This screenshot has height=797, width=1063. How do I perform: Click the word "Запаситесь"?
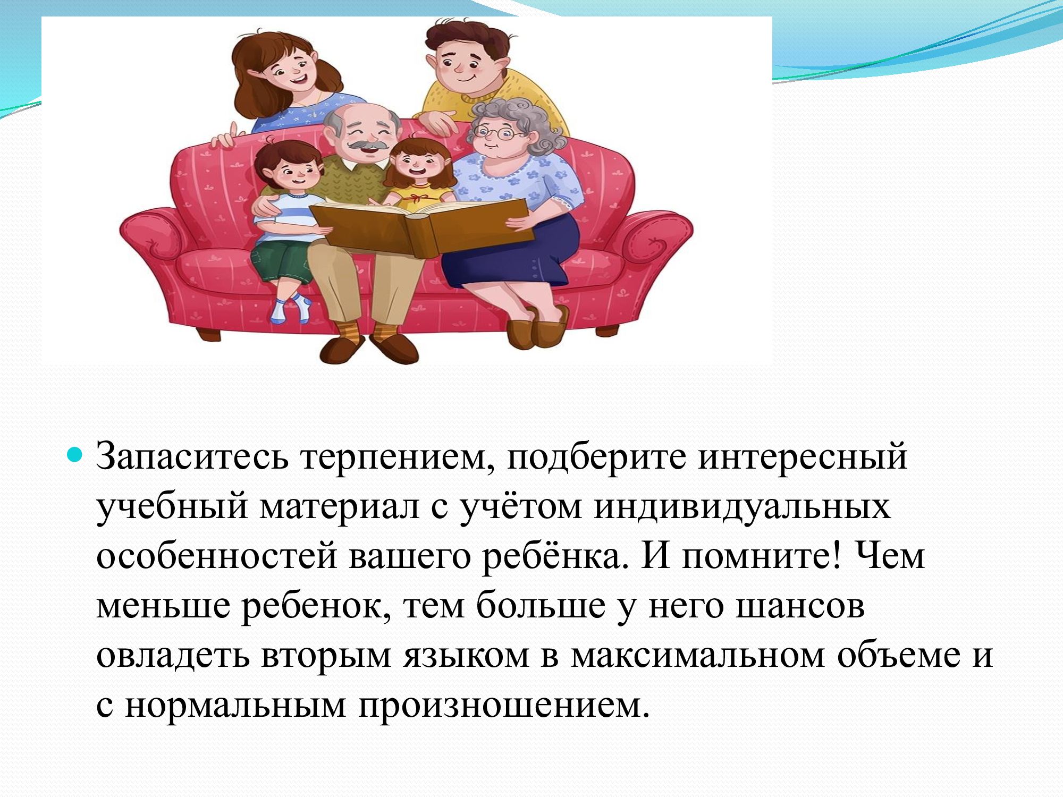pyautogui.click(x=192, y=456)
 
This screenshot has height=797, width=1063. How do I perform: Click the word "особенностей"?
pyautogui.click(x=217, y=555)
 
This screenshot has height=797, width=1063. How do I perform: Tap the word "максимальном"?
pyautogui.click(x=697, y=656)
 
